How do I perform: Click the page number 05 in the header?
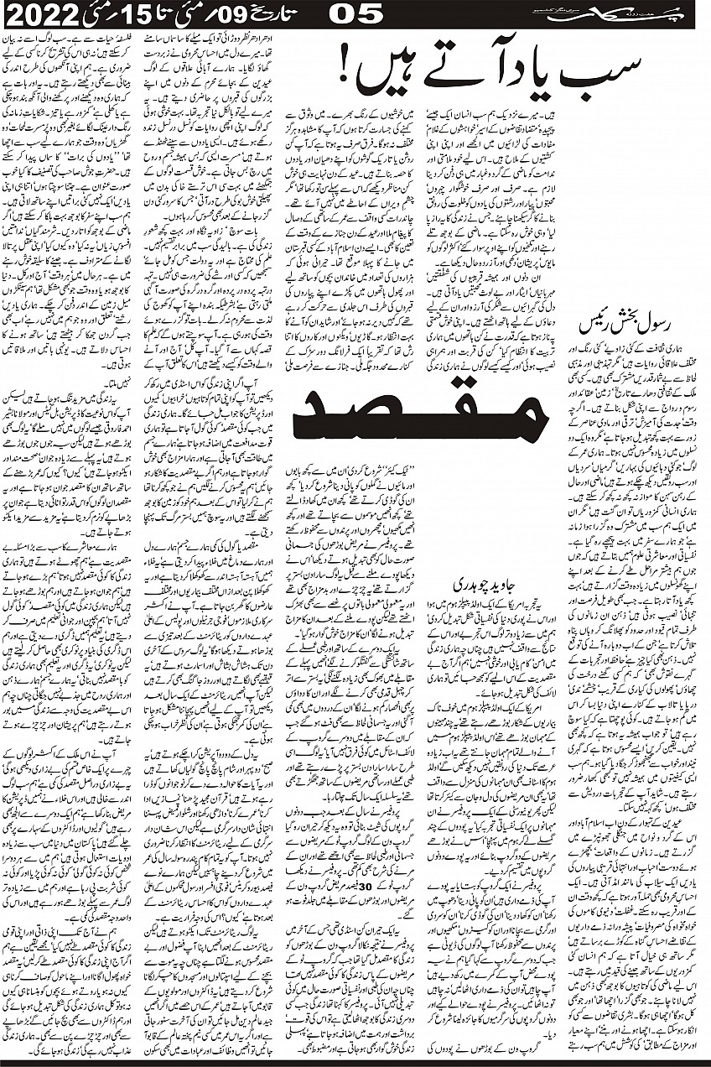coord(356,13)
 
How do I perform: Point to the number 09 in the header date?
coord(227,13)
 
